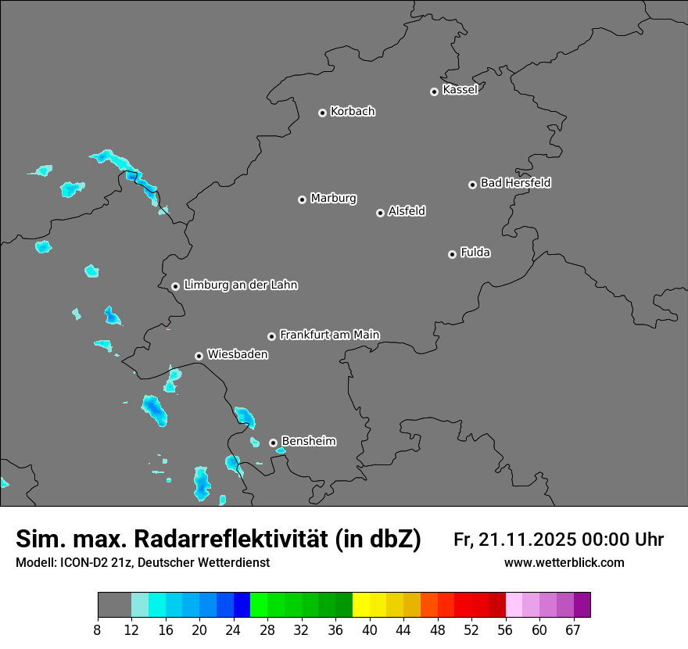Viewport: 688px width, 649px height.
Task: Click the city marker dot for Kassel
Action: (x=434, y=91)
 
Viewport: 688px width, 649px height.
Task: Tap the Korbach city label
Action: (x=353, y=111)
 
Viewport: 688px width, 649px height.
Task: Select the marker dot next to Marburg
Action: (x=302, y=199)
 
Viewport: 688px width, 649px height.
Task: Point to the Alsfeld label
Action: (x=407, y=211)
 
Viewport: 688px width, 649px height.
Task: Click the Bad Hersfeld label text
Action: (x=515, y=183)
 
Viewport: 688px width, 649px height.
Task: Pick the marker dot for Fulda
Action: (x=452, y=254)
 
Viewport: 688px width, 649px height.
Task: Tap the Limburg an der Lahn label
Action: (x=240, y=285)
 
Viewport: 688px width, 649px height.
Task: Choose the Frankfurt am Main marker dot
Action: (x=271, y=336)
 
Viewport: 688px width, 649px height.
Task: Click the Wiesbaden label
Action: (x=237, y=354)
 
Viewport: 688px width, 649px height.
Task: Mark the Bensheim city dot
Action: (x=273, y=443)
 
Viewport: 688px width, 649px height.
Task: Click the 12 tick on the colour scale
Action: (x=131, y=629)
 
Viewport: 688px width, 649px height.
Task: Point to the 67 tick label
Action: (x=573, y=629)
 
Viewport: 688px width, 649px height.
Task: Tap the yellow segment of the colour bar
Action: (x=361, y=605)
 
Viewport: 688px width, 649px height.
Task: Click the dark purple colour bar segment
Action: (x=582, y=605)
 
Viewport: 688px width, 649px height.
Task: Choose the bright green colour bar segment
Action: (x=259, y=605)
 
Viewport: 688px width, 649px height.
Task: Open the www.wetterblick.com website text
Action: (x=564, y=562)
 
